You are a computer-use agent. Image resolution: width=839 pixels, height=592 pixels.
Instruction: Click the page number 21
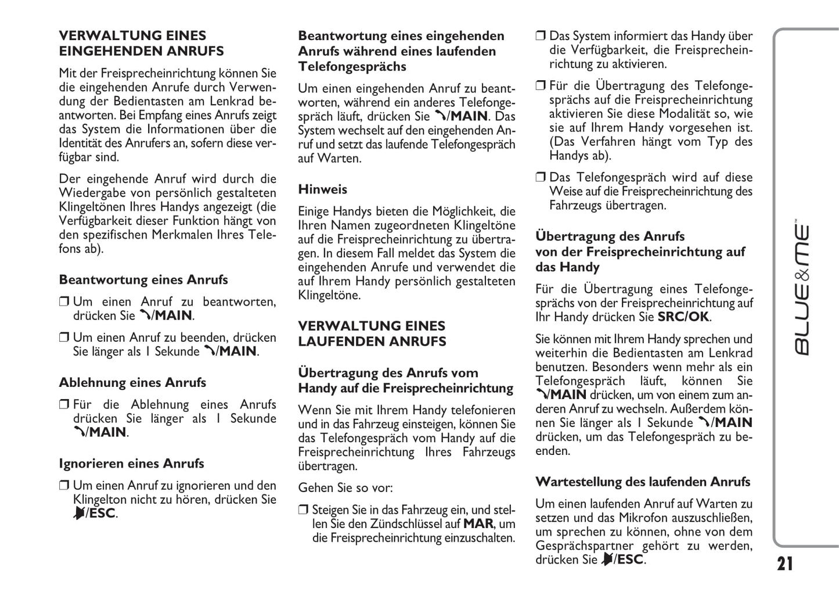(784, 564)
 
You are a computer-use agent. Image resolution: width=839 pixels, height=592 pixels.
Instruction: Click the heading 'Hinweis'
(322, 189)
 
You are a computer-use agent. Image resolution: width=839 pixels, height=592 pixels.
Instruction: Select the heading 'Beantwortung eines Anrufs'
(143, 280)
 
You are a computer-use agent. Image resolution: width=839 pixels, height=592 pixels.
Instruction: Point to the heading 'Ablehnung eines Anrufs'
(132, 383)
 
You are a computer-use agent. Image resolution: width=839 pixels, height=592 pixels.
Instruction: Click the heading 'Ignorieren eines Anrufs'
(131, 464)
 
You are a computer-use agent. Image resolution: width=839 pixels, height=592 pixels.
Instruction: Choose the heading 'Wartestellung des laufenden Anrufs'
(642, 482)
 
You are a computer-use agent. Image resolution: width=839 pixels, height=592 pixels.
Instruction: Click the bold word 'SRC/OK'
(683, 317)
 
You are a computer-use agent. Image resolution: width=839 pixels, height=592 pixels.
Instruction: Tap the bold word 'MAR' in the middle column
(478, 524)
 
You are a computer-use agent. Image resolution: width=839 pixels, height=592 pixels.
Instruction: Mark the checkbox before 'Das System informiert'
(541, 36)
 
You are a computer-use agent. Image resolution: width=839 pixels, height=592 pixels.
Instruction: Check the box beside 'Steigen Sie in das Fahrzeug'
(303, 510)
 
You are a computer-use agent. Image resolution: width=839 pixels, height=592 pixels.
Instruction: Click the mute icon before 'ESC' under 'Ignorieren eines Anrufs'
(78, 514)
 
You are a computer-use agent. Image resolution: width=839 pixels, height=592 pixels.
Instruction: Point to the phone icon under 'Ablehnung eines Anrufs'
(78, 432)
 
